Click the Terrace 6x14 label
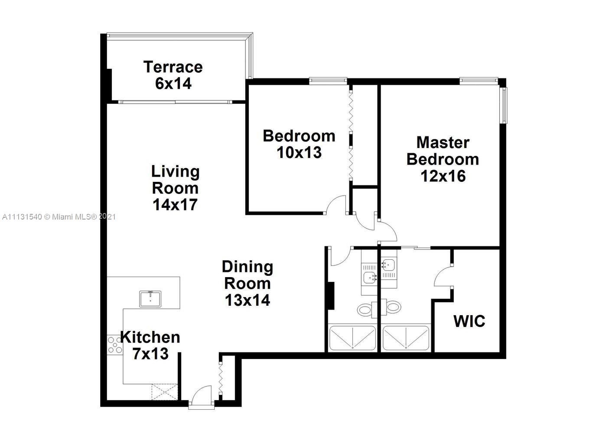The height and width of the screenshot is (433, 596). (173, 75)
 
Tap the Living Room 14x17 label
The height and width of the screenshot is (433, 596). (175, 187)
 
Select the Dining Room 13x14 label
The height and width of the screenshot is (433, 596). (248, 283)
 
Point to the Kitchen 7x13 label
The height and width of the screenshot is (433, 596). (150, 345)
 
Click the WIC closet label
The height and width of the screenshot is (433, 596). (469, 321)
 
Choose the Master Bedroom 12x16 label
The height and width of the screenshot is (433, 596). (443, 159)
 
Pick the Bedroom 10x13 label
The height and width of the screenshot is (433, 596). (299, 144)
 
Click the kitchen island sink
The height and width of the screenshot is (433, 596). (150, 299)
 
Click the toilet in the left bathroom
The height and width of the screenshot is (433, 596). (365, 309)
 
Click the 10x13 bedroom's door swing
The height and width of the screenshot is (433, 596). (336, 205)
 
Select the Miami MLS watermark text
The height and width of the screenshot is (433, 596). (59, 216)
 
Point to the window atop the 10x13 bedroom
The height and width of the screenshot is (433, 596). (328, 80)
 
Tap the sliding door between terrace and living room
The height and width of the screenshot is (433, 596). (175, 102)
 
